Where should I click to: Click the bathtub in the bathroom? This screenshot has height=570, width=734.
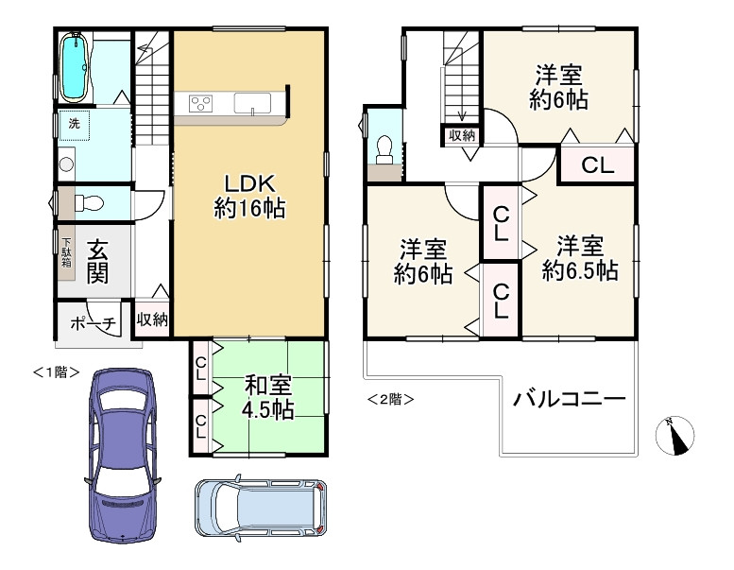75,66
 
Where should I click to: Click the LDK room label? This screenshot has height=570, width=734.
249,196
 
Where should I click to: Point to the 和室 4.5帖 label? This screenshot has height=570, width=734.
268,397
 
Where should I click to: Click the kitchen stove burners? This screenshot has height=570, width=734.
201,103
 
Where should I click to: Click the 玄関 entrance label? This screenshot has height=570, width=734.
98,262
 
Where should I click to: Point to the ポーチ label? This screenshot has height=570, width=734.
93,323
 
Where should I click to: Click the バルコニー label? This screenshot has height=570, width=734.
570,399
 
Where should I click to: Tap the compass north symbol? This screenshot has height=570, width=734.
674,432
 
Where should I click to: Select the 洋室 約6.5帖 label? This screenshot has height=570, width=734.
579,258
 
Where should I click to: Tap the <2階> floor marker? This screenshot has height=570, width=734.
389,399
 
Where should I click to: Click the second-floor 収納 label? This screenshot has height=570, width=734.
462,135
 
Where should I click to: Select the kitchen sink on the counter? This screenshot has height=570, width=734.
252,103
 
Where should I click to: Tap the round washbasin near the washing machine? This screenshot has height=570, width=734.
65,164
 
